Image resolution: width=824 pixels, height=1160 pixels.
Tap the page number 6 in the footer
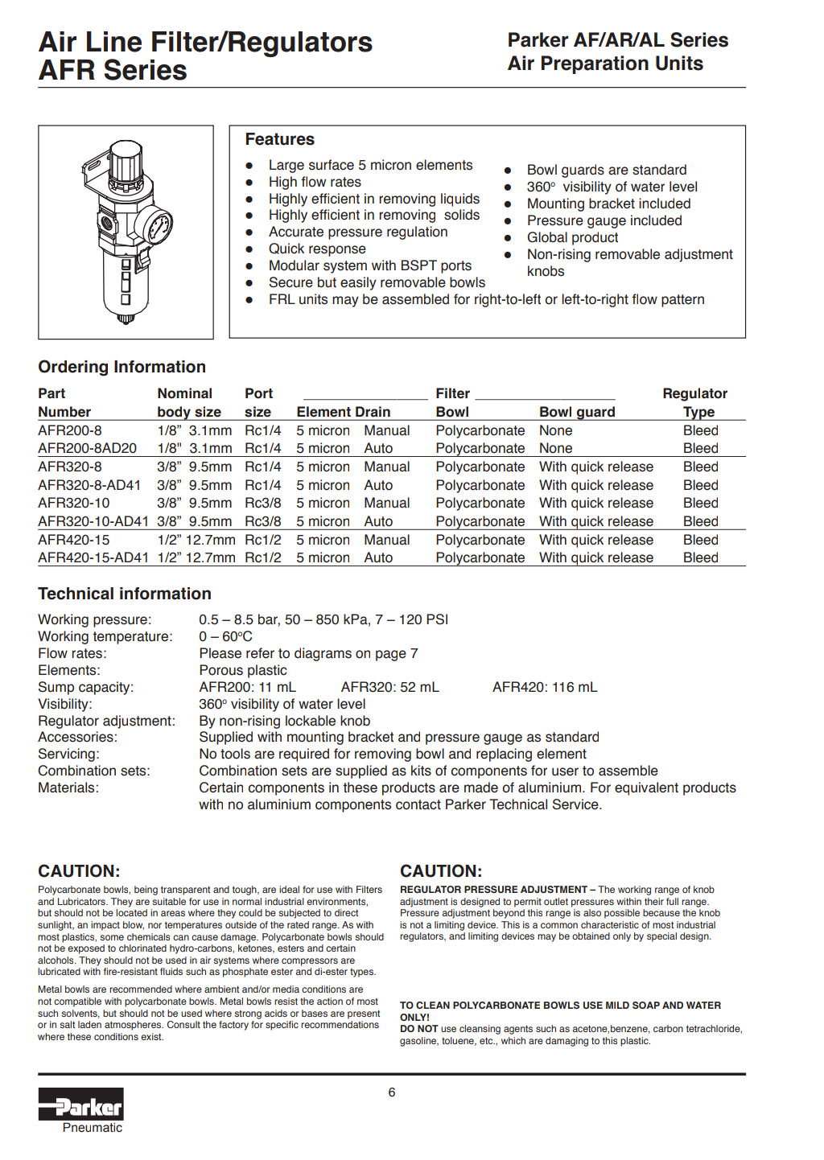[392, 1092]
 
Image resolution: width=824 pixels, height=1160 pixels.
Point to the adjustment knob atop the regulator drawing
[126, 162]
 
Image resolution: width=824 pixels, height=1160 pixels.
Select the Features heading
[279, 139]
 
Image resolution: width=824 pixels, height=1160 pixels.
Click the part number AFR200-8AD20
[87, 448]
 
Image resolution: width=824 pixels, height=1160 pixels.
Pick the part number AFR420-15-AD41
[93, 557]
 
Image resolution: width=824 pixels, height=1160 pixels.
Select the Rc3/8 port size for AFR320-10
[263, 503]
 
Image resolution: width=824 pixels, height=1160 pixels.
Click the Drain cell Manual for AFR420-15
[386, 540]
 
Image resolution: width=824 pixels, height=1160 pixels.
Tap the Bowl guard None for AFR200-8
[555, 430]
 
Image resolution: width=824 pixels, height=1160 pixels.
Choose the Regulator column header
[694, 393]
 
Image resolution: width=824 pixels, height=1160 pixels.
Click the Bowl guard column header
[577, 412]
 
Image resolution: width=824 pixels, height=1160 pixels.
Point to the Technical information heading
[125, 594]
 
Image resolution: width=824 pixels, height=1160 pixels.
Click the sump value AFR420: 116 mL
[545, 687]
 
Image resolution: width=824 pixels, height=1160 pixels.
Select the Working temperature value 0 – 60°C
[225, 636]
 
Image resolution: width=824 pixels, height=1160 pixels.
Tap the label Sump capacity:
[86, 687]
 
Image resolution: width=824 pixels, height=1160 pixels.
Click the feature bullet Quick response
[317, 249]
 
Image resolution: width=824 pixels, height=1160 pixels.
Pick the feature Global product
[572, 237]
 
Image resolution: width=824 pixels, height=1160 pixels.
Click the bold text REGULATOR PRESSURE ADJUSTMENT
[493, 890]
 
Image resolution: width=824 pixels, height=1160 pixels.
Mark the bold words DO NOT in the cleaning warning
[418, 1029]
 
